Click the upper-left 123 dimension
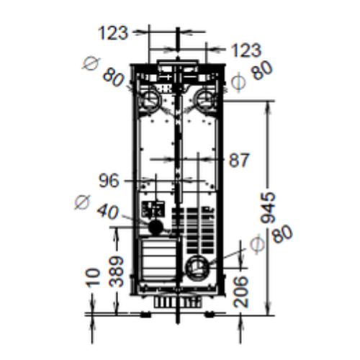113,32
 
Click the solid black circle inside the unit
154,226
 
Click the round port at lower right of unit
196,268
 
